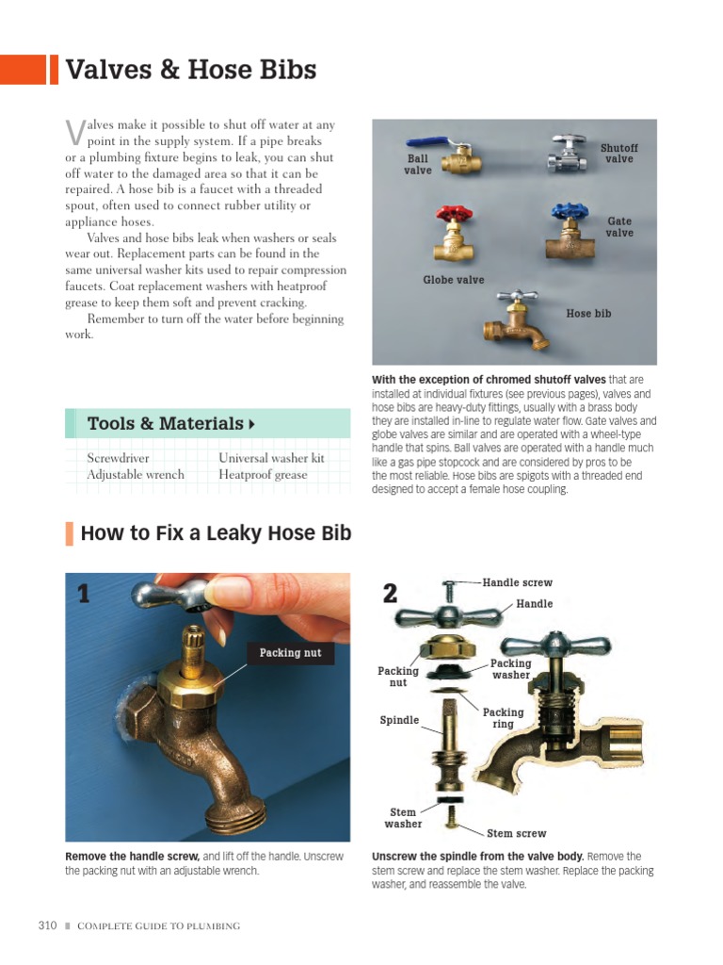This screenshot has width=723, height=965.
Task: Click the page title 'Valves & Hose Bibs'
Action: (190, 70)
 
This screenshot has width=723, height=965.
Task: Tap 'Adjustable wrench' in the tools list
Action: (136, 475)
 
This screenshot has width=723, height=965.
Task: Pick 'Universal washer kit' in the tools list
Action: (271, 458)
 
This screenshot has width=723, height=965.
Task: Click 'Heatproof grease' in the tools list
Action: (263, 475)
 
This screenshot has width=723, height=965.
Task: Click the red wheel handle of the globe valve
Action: (452, 216)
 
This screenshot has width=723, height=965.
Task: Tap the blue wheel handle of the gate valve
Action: (570, 211)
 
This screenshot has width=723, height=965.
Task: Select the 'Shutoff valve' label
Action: (619, 154)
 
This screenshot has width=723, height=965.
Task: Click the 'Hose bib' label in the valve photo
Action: (588, 314)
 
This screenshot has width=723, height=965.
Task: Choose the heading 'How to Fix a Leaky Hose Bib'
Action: (216, 533)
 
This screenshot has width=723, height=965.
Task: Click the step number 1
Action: (84, 594)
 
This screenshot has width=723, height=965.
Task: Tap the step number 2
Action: (391, 594)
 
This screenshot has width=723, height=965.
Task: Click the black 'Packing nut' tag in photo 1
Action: (290, 653)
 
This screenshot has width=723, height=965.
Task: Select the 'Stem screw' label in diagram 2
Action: (516, 833)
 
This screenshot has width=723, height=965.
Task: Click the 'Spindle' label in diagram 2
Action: (399, 720)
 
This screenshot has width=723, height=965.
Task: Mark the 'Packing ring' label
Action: (503, 718)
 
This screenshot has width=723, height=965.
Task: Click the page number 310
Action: (49, 925)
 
